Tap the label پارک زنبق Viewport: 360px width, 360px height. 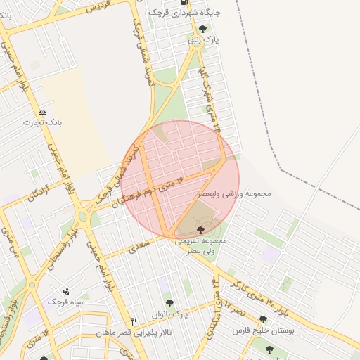click(202, 40)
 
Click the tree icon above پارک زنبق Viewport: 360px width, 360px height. click(203, 29)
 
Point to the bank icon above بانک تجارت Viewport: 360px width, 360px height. click(43, 111)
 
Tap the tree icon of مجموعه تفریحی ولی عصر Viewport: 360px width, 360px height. click(201, 230)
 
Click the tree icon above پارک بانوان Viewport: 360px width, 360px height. click(169, 303)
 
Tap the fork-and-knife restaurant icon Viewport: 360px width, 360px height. click(134, 321)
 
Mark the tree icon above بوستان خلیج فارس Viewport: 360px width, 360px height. click(264, 319)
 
